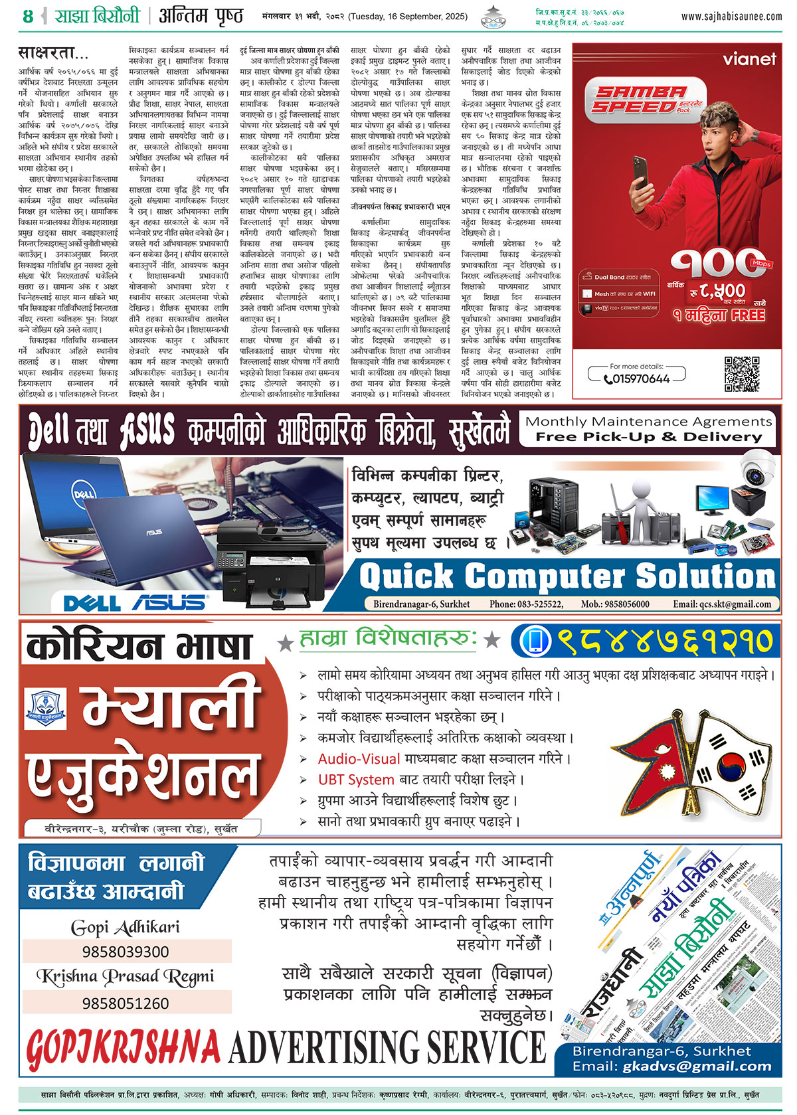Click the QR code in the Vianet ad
point(741,374)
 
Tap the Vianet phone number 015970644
point(637,379)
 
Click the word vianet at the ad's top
point(749,59)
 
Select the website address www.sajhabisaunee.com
point(731,17)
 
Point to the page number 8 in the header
point(28,16)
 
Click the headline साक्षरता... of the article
point(53,52)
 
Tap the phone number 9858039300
point(126,952)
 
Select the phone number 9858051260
point(126,1003)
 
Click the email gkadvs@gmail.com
point(697,1067)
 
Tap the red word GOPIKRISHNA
point(123,1049)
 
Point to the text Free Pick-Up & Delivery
point(649,437)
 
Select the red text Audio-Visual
point(359,758)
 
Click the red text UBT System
point(356,780)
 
